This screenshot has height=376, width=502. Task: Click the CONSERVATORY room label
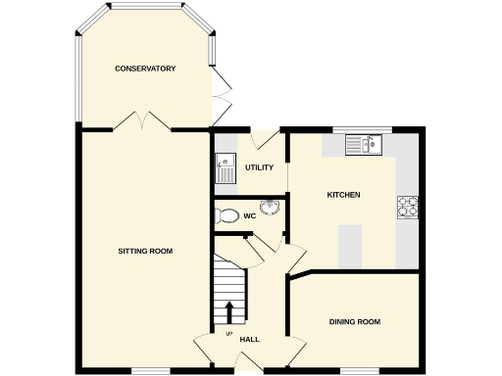pos(145,69)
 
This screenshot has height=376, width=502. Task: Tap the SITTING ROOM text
pos(145,252)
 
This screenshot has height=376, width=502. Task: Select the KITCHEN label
pos(343,195)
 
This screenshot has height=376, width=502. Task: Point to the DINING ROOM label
pos(354,322)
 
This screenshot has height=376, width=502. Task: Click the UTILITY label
pos(259,167)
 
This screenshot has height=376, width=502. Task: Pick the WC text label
pos(249,215)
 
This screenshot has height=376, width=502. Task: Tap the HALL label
pos(249,340)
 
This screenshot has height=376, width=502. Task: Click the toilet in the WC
pos(226,215)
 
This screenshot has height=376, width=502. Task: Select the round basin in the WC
pos(273,207)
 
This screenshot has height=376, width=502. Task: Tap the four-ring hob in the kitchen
pos(407,206)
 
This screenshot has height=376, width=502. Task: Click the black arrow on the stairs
pos(229,311)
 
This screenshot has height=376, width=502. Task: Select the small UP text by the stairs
pos(229,335)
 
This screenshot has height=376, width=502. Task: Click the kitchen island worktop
pos(349,246)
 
